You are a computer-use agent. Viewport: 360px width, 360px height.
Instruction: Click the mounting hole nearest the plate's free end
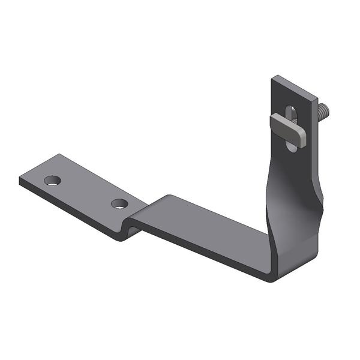(52, 180)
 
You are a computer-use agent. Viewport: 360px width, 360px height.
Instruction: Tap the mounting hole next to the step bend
(119, 203)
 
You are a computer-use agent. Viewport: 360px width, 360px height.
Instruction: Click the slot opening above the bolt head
(291, 112)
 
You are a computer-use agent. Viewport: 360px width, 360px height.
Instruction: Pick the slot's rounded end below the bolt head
(291, 146)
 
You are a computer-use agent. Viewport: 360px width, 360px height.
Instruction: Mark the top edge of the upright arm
(295, 85)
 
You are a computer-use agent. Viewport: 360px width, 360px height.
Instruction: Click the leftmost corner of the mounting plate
(20, 179)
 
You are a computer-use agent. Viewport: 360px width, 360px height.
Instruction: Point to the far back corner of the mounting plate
(60, 155)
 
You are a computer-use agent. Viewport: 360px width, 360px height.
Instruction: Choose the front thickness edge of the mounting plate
(72, 208)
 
